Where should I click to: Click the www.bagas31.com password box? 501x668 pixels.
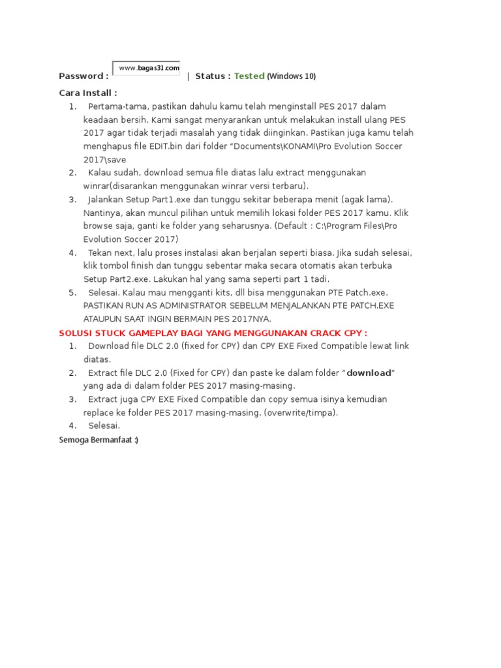click(147, 68)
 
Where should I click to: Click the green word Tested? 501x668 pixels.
click(249, 76)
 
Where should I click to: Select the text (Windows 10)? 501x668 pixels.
click(292, 76)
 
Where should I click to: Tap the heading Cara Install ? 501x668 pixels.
click(88, 93)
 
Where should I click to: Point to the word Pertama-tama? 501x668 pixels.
click(118, 106)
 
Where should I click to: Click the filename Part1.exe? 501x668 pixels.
click(170, 200)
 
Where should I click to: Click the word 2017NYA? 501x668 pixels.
click(250, 319)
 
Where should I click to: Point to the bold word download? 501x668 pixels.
click(369, 372)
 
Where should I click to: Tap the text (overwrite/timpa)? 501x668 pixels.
click(301, 412)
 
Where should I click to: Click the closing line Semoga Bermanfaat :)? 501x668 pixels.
click(99, 440)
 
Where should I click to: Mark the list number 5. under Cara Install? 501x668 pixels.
click(73, 292)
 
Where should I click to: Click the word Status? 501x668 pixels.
click(212, 76)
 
